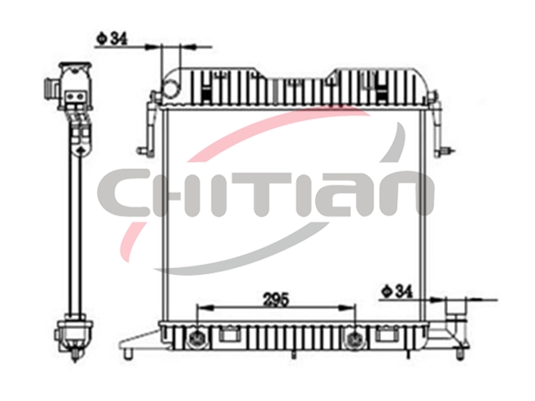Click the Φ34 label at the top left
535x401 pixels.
pyautogui.click(x=111, y=39)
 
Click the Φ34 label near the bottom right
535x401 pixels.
pyautogui.click(x=397, y=292)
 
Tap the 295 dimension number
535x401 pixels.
pyautogui.click(x=276, y=299)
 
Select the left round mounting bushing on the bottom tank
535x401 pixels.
pyautogui.click(x=197, y=339)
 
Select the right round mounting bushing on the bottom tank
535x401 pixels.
pyautogui.click(x=354, y=339)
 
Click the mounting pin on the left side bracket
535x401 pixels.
pyautogui.click(x=143, y=151)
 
